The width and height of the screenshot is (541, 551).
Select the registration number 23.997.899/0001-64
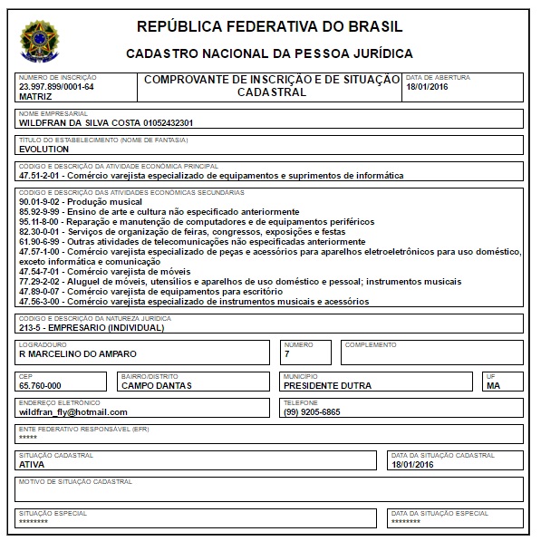56,86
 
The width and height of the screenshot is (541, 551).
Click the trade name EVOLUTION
43,149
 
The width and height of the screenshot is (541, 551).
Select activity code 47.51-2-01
43,176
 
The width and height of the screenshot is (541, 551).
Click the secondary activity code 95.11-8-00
43,221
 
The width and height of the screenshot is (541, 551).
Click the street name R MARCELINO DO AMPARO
78,353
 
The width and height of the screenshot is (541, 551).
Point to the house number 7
286,353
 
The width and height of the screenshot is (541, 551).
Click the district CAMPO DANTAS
156,385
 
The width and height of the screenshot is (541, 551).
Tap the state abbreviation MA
493,385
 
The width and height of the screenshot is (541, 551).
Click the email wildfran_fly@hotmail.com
73,411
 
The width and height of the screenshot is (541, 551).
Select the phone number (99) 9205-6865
312,411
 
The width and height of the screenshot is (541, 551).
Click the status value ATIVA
31,464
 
